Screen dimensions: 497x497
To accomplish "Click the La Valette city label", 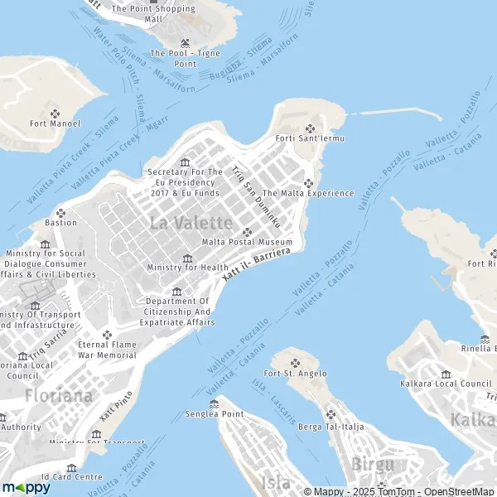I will click(x=191, y=222).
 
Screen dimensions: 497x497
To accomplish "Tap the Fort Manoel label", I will click(x=55, y=123).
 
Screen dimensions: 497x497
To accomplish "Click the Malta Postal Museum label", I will click(x=247, y=242).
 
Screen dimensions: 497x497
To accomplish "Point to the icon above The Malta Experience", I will click(x=308, y=183).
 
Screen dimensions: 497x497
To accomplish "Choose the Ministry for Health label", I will click(x=187, y=268).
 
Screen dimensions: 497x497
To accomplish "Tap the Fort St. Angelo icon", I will click(x=295, y=362).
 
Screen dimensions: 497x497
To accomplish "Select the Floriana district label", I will click(x=58, y=395).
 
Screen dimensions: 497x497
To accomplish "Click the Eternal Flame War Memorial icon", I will click(x=106, y=334).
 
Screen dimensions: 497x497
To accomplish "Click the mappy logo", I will click(x=26, y=487).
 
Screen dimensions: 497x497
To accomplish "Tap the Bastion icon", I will click(x=60, y=212).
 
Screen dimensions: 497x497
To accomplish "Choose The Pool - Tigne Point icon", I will click(x=185, y=41).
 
